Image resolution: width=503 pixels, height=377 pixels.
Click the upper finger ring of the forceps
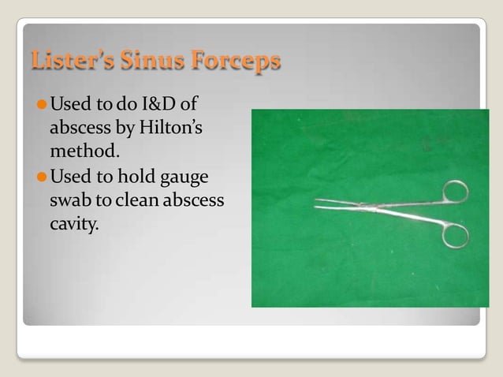click(455, 192)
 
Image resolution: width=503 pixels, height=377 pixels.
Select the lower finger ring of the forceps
click(455, 234)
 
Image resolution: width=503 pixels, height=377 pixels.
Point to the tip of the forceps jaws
click(316, 204)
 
